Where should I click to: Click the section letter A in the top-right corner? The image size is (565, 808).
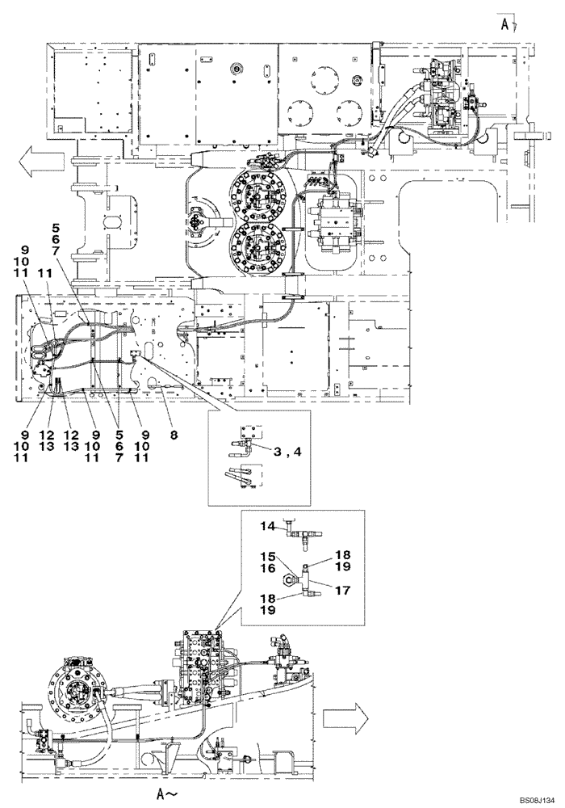point(504,23)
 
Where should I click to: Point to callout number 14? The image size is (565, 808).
point(267,526)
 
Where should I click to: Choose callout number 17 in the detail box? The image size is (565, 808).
point(342,590)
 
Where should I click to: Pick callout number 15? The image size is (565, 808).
point(267,557)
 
